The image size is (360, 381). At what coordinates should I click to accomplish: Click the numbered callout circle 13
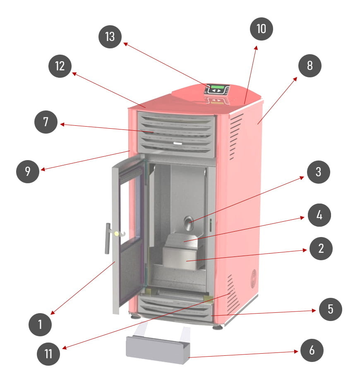pos(110,37)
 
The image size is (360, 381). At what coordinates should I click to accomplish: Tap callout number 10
pos(261,29)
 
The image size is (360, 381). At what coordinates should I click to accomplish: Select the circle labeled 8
pos(310,66)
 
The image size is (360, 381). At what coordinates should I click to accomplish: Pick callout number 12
pos(60,66)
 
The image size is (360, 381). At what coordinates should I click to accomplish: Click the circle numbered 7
pos(46,122)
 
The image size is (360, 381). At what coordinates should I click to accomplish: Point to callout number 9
pos(28,171)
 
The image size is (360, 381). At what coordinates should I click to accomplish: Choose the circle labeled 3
pos(319,172)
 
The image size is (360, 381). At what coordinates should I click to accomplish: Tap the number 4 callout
pos(319,215)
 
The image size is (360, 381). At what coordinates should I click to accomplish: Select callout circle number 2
pos(321,248)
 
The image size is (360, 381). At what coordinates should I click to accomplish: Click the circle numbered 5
pos(330,309)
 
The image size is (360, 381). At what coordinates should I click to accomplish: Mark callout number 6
pos(312,350)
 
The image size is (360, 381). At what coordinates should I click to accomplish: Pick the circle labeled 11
pos(48,354)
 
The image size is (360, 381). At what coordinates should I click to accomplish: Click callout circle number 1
pos(40,324)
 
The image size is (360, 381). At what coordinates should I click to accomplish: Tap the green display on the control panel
pos(217,87)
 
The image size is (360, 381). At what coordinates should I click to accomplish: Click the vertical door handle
pos(107,239)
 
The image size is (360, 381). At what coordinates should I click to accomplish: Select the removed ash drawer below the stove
pos(158,349)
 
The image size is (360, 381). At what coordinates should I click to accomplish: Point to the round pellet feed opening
pos(188,223)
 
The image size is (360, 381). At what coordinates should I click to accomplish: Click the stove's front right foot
pos(218,327)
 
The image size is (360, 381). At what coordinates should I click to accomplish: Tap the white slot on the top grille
pos(178,144)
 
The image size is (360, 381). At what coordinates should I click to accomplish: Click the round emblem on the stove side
pos(254,278)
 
